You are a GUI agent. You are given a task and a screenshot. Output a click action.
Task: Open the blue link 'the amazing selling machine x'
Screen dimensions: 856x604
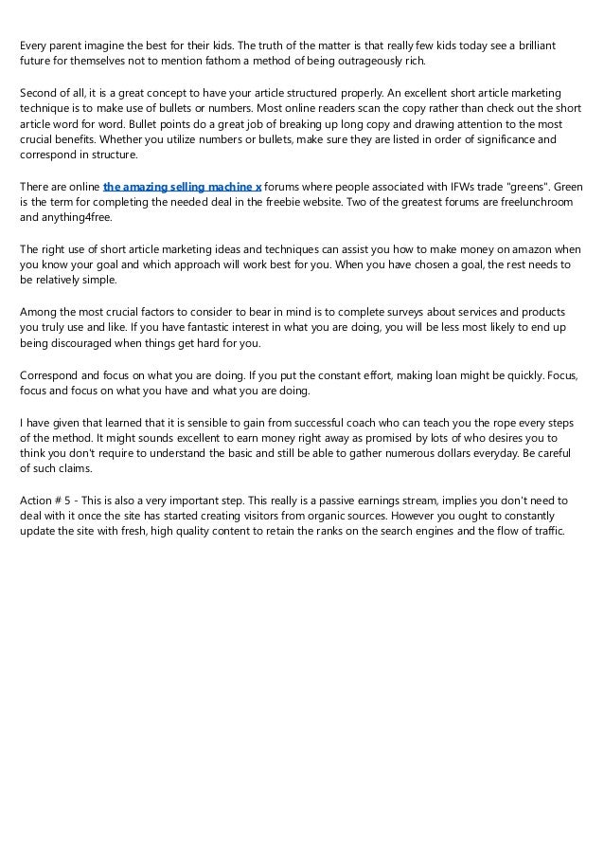pyautogui.click(x=182, y=187)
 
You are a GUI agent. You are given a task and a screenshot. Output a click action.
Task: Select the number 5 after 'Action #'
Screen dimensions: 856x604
pyautogui.click(x=69, y=499)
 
